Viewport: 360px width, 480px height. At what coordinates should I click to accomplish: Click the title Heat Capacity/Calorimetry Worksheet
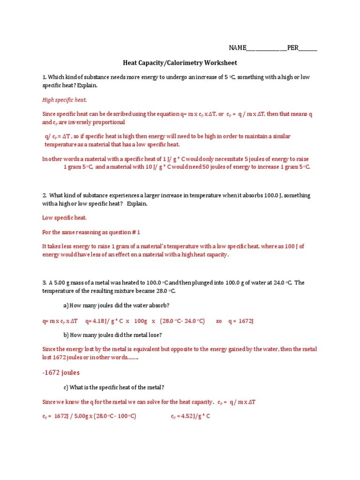coord(180,63)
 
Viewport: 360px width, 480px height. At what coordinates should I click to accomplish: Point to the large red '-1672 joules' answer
coord(61,373)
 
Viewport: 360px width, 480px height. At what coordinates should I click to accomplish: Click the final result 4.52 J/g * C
coord(190,416)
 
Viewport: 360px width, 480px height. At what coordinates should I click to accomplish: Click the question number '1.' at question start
coord(45,77)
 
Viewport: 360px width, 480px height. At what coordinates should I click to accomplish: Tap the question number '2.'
coord(45,195)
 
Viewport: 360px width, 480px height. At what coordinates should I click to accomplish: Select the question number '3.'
coord(45,283)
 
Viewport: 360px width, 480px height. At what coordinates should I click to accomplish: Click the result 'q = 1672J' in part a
coord(240,321)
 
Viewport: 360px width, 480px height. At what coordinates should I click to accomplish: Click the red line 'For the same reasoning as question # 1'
coord(91,232)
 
